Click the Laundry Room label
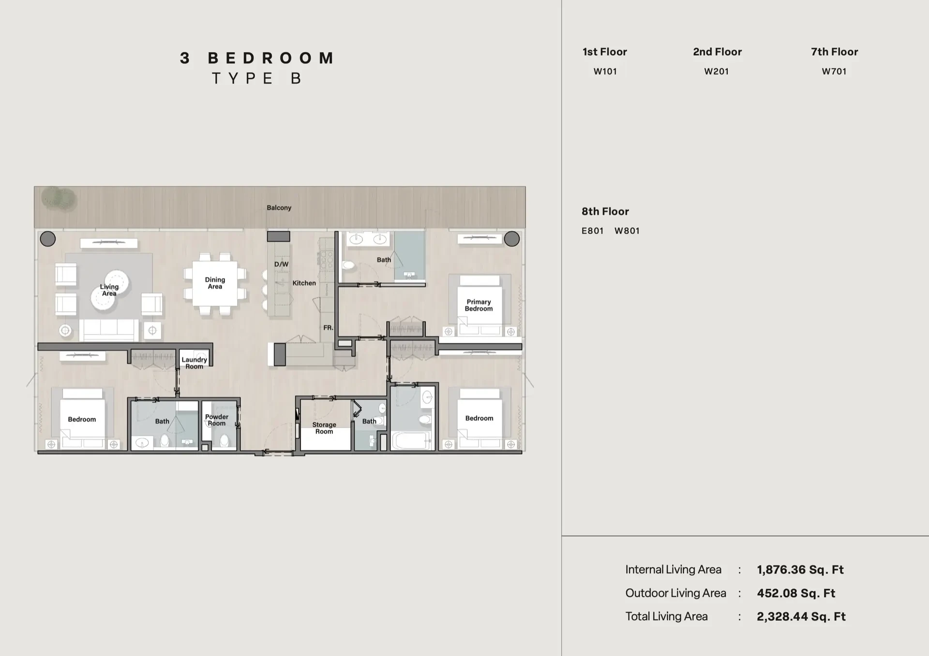[x=194, y=363]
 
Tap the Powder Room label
[x=217, y=420]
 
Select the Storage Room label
[x=324, y=428]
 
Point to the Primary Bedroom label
[x=479, y=305]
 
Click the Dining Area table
[x=215, y=283]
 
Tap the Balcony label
[x=279, y=208]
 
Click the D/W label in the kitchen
[x=281, y=264]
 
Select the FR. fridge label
[x=328, y=328]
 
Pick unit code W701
[x=834, y=72]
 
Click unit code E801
[x=593, y=231]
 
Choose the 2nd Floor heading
[x=717, y=52]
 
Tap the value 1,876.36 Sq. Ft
[x=800, y=570]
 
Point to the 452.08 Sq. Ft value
[x=796, y=593]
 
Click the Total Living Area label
[x=666, y=616]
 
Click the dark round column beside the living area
[x=48, y=239]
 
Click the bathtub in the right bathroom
[x=411, y=441]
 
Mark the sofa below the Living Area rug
[x=109, y=331]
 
